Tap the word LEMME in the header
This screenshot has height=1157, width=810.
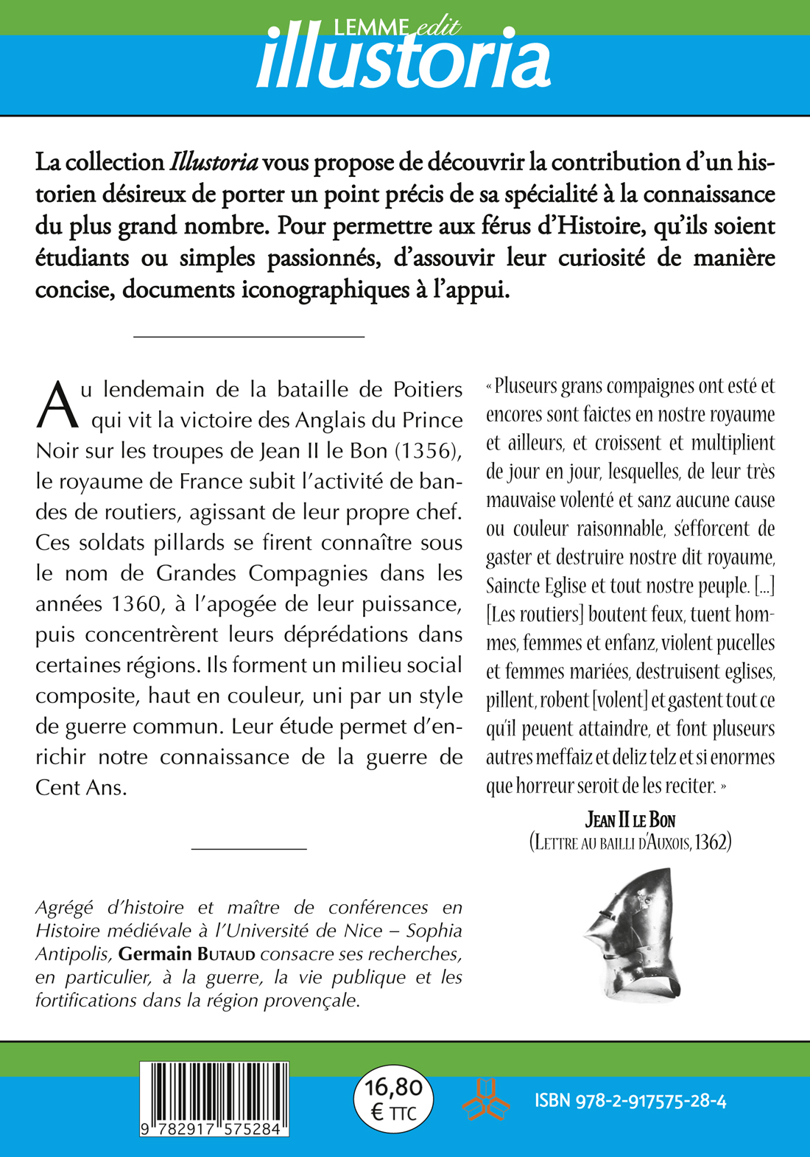370,28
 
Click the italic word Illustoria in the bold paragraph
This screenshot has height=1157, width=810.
214,162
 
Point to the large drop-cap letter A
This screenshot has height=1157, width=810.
57,405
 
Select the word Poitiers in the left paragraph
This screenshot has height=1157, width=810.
428,389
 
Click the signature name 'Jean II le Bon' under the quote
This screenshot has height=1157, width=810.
630,819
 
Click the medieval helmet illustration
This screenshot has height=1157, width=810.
633,932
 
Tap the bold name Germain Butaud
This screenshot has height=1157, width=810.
187,954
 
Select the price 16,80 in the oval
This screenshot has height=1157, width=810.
394,1088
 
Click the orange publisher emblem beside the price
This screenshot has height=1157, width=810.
486,1100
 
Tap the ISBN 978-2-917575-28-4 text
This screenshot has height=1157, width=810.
630,1101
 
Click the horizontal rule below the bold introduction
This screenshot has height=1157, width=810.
249,337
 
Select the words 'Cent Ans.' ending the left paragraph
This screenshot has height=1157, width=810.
82,788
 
